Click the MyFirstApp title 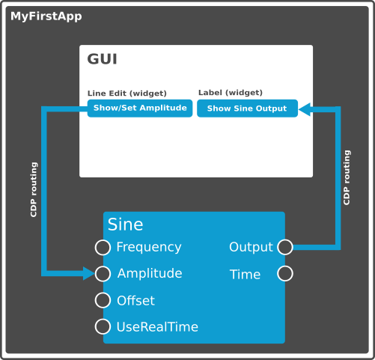pos(46,16)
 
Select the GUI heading pos(102,59)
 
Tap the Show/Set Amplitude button pos(140,109)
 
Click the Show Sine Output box pos(247,109)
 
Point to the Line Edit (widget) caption pos(127,94)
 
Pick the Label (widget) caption pos(231,93)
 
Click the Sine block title pos(125,225)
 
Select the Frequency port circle pos(103,247)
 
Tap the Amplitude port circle pos(103,274)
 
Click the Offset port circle pos(103,300)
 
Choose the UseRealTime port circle pos(103,326)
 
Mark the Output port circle pos(285,247)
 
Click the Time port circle pos(285,273)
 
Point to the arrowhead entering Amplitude pos(89,274)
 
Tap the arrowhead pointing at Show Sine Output pos(305,109)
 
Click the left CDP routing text pos(34,189)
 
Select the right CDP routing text pos(347,177)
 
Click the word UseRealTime pos(157,327)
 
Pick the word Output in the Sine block pos(251,248)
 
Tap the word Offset pos(135,300)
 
